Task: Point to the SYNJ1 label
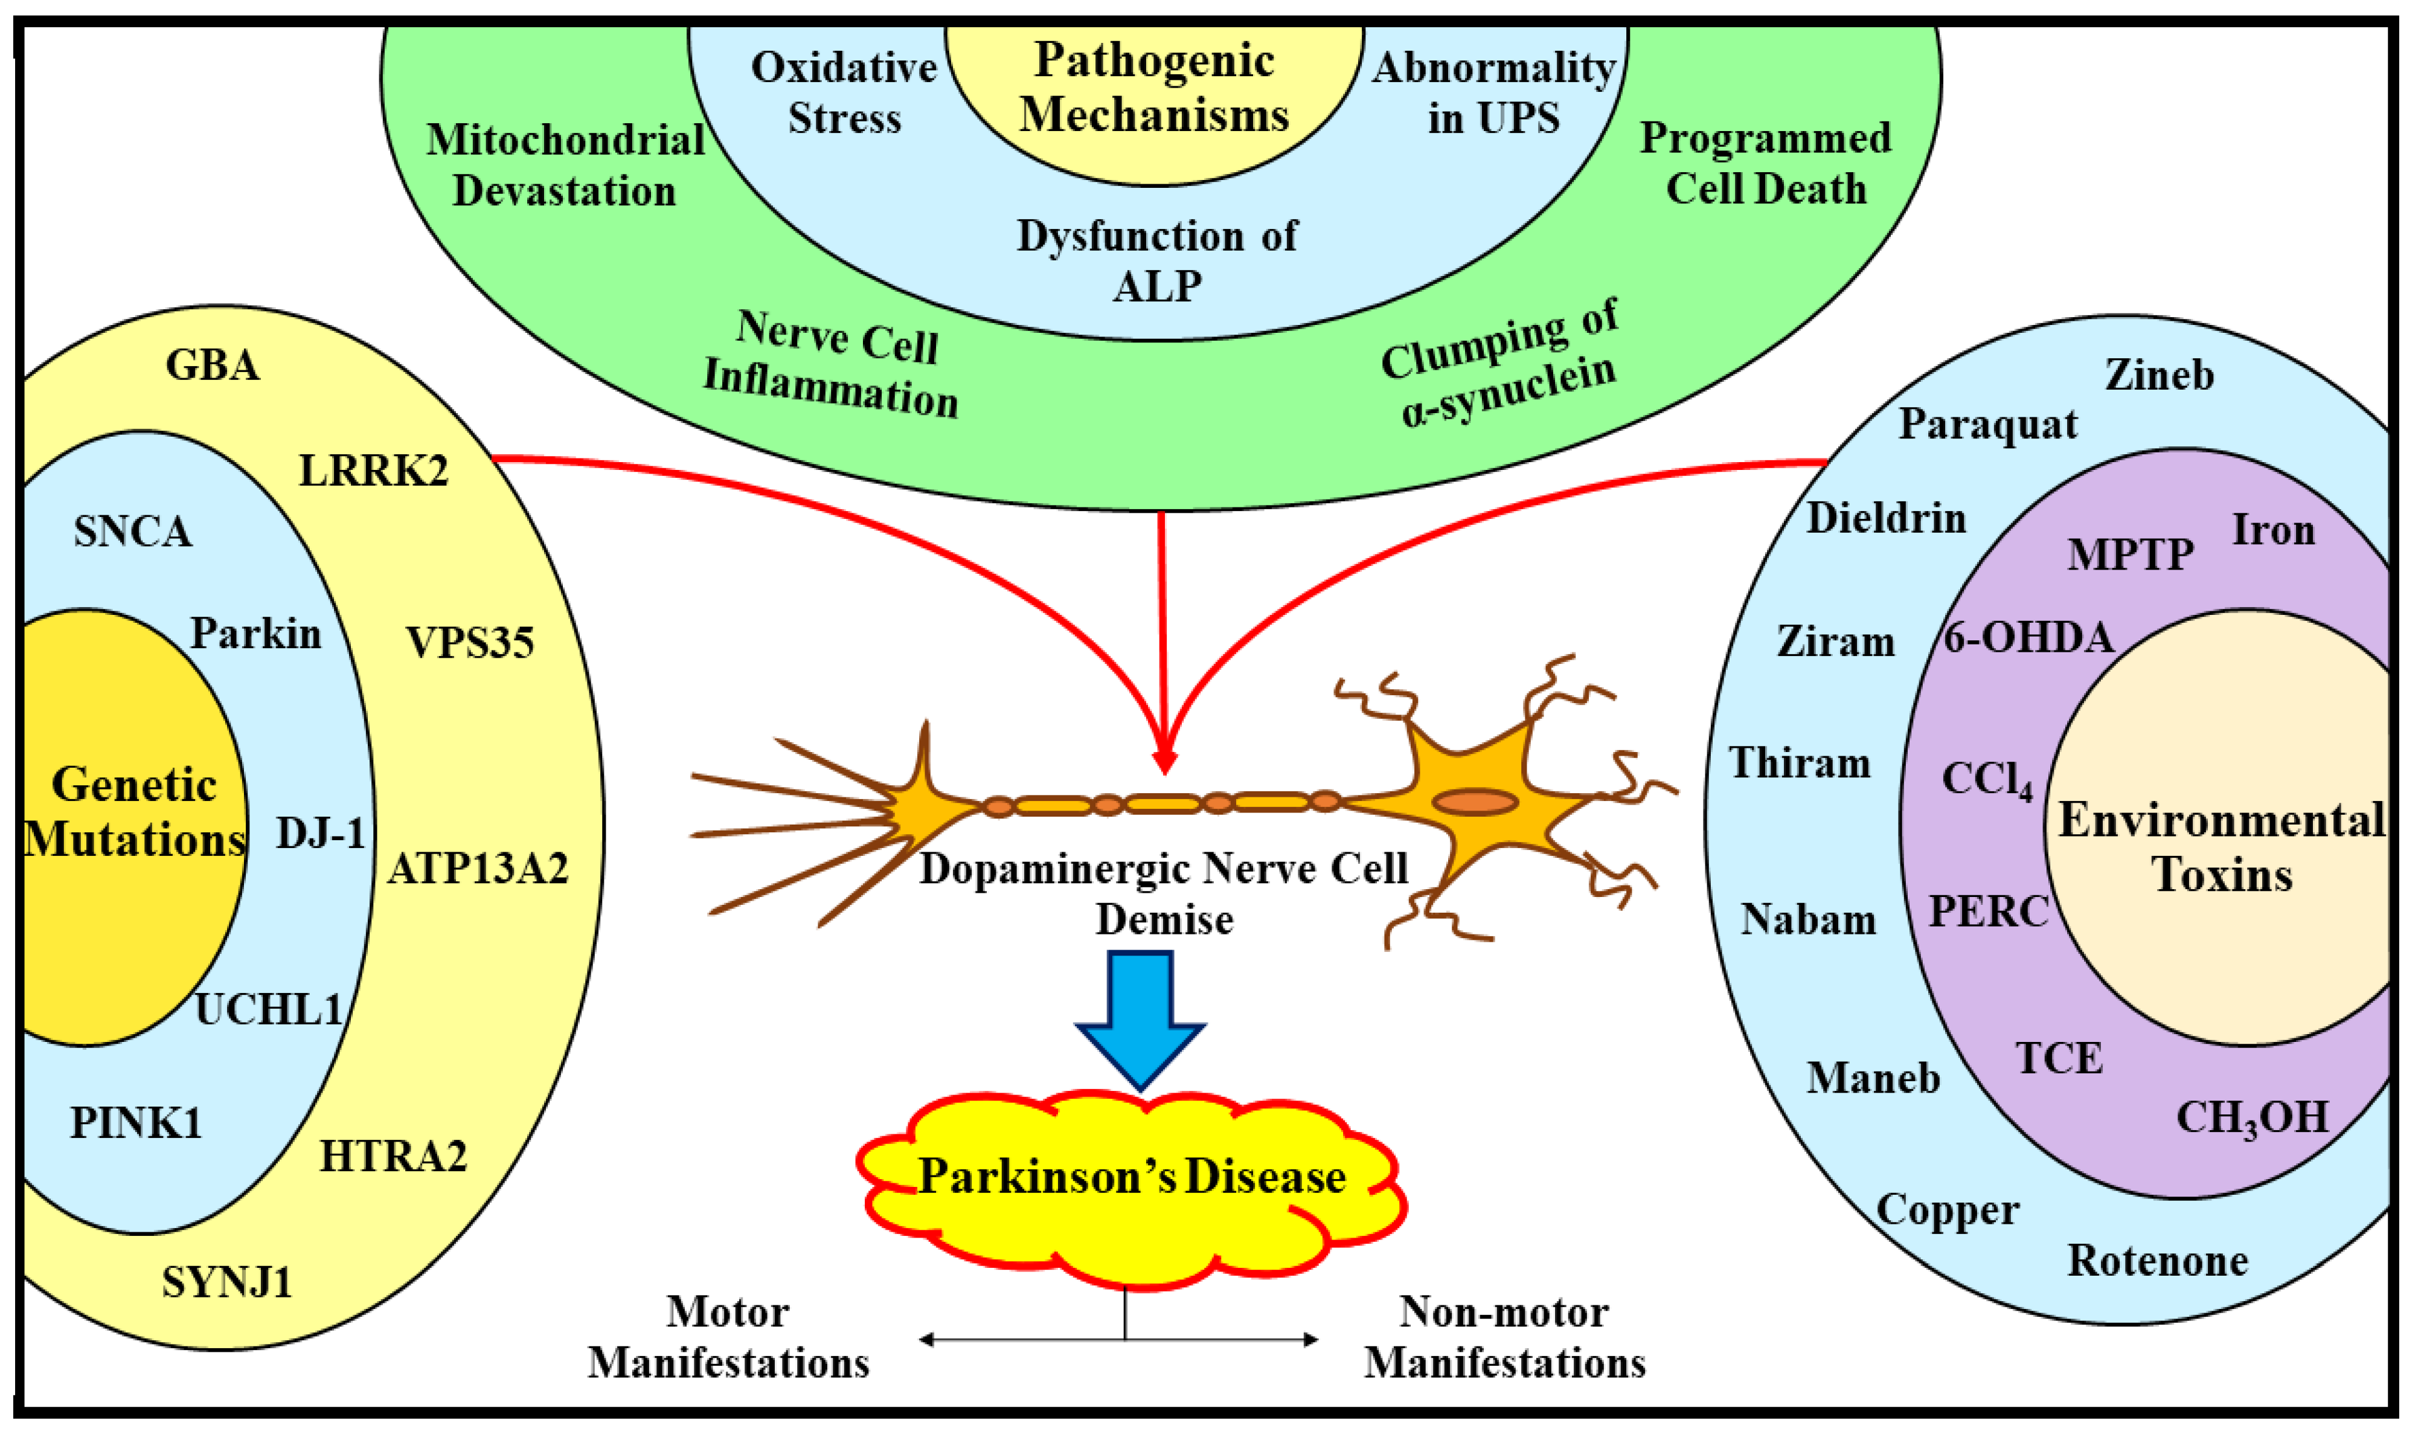point(226,1282)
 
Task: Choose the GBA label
point(213,365)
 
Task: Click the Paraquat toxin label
point(1988,424)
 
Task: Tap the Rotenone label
point(2158,1261)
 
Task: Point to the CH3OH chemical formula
point(2251,1119)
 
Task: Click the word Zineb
point(2159,375)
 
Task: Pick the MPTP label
point(2130,555)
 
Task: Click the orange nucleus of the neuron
point(1474,802)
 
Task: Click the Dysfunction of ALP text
point(1157,260)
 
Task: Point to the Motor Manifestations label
point(728,1337)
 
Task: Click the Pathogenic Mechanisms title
point(1154,87)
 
